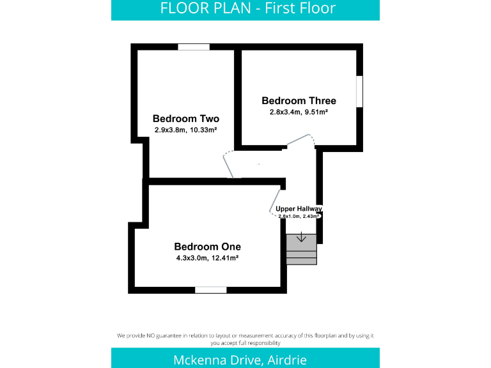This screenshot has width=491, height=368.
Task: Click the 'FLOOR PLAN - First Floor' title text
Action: [x=247, y=9]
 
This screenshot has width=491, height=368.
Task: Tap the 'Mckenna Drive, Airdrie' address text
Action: [x=240, y=359]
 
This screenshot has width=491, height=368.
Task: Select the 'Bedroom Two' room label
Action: [x=185, y=119]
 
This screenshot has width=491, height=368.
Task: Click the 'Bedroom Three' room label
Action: [x=299, y=101]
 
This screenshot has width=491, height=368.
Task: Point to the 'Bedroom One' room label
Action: [x=207, y=247]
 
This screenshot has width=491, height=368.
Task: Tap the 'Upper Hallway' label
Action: [x=299, y=209]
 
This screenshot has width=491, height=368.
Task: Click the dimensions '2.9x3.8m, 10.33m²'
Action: [x=185, y=130]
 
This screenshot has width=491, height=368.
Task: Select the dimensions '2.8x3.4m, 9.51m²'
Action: [x=299, y=112]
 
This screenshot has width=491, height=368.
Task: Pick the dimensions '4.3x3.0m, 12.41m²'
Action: [x=207, y=258]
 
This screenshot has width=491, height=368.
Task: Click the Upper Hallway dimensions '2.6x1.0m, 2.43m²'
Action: [x=299, y=216]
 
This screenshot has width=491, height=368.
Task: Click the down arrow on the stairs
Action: [x=301, y=239]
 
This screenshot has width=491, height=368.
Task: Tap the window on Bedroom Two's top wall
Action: [x=194, y=47]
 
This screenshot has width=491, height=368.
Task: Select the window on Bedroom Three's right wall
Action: [x=359, y=91]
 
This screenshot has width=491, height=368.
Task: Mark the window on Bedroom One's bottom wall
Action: [x=211, y=290]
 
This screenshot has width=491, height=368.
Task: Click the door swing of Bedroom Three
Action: [x=300, y=139]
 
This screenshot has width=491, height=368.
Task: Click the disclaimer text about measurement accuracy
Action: [x=245, y=339]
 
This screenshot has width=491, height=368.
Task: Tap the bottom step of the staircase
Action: [x=301, y=261]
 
